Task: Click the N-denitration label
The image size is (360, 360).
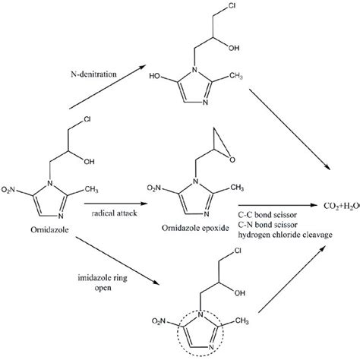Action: pos(93,74)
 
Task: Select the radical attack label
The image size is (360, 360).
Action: pos(114,213)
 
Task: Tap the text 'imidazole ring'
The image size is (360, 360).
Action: pos(103,278)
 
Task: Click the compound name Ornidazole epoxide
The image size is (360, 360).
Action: pos(195,228)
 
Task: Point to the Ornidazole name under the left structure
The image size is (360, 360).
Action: pos(49,229)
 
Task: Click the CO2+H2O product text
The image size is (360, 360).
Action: pos(342,206)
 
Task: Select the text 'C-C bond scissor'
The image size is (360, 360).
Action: pos(267,215)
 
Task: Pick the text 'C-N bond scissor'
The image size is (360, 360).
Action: pos(267,225)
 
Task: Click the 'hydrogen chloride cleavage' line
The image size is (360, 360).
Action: pos(285,235)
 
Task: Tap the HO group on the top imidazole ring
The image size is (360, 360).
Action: pos(156,76)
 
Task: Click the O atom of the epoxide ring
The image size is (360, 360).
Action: pos(232,159)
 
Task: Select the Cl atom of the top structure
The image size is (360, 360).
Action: pos(232,6)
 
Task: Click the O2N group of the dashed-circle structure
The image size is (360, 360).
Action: pos(159,321)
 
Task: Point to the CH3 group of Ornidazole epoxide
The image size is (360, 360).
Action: pos(237,188)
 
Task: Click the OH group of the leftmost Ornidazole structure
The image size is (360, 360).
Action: pos(89,161)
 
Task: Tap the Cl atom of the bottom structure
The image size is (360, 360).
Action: pos(238,251)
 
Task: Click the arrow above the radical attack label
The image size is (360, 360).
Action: pos(116,204)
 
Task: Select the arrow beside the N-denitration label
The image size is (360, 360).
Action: pos(108,87)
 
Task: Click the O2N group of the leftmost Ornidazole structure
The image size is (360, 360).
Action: pos(8,189)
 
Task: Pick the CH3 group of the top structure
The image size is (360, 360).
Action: pos(235,76)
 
